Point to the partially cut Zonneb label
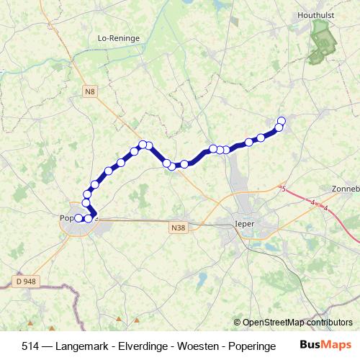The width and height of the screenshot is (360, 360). point(345,188)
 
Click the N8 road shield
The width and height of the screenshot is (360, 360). point(89,91)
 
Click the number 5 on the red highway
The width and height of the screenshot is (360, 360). point(284,189)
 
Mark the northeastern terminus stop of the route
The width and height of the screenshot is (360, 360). point(282,121)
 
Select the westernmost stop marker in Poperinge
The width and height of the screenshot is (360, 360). point(78,217)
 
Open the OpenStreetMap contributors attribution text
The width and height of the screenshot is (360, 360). point(297,323)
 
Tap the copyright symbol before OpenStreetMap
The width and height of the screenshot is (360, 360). point(237,323)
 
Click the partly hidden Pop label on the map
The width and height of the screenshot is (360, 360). point(67,217)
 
